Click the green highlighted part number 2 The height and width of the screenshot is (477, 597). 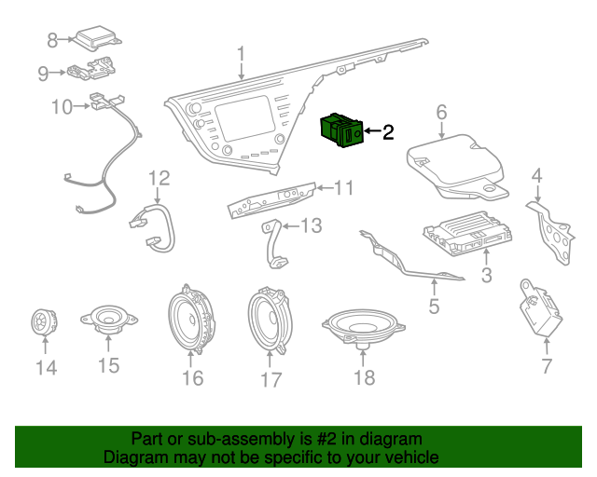(340, 130)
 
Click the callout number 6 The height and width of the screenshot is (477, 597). (442, 113)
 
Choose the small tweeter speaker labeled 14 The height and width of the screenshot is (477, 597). (41, 322)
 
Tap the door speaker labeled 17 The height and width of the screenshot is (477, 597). (270, 321)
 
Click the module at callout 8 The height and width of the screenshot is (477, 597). (98, 38)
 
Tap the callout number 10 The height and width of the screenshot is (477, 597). (61, 107)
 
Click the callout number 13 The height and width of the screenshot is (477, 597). (310, 225)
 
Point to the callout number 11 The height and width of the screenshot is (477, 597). (344, 188)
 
